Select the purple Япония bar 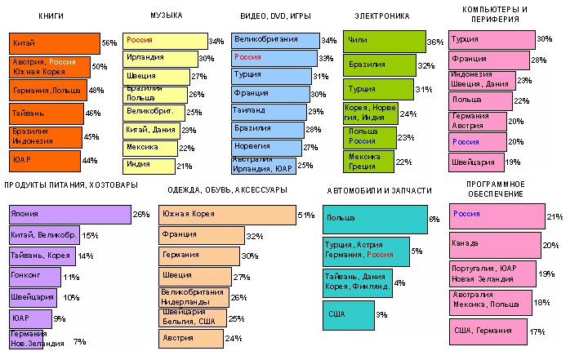pyautogui.click(x=69, y=214)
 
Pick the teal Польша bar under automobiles pyautogui.click(x=375, y=219)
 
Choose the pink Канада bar pyautogui.click(x=493, y=245)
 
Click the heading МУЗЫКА pyautogui.click(x=167, y=16)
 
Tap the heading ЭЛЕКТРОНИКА pyautogui.click(x=381, y=16)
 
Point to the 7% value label pyautogui.click(x=79, y=340)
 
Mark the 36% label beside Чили pyautogui.click(x=435, y=42)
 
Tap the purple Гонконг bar pyautogui.click(x=34, y=276)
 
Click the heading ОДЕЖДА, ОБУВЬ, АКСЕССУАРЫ pyautogui.click(x=227, y=190)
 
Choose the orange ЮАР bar pyautogui.click(x=46, y=161)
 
